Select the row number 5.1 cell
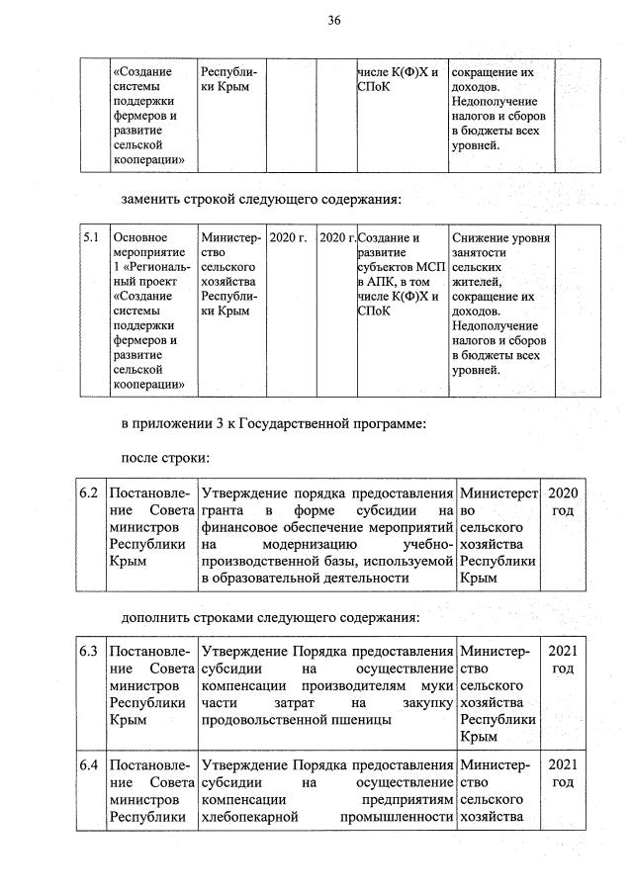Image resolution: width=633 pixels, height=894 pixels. point(92,237)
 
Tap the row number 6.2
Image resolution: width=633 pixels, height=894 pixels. point(90,492)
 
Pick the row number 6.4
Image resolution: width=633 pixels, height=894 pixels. point(90,765)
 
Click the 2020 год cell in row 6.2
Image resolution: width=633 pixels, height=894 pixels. point(562,501)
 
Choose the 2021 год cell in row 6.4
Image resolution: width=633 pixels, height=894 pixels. point(562,774)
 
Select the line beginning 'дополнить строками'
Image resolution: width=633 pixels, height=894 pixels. point(270,618)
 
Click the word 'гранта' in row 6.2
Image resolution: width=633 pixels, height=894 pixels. point(222,510)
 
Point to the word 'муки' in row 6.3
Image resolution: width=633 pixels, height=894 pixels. point(435,685)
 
